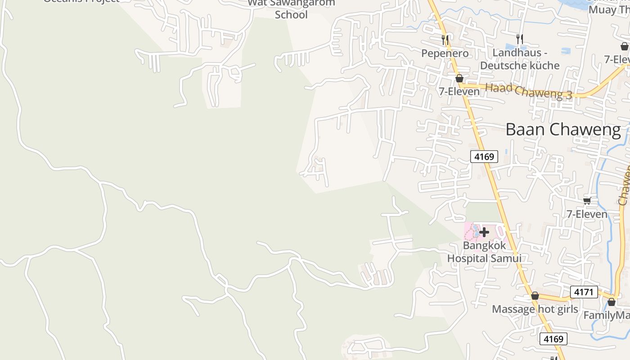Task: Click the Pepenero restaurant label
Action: (x=445, y=54)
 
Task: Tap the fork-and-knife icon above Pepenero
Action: (x=445, y=40)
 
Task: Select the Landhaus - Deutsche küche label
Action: (x=520, y=59)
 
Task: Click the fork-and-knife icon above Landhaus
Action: (x=520, y=39)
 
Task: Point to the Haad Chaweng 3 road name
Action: (x=529, y=91)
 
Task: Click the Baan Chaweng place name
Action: (x=563, y=130)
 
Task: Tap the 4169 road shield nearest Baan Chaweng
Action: (x=484, y=157)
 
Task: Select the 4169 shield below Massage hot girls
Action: (x=553, y=339)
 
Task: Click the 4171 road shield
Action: (x=584, y=292)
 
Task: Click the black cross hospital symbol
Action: (x=484, y=232)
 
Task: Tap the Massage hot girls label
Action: (x=535, y=309)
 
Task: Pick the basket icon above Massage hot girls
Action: (x=535, y=296)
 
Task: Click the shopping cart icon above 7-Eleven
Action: (x=587, y=201)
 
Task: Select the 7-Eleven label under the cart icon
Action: (x=587, y=214)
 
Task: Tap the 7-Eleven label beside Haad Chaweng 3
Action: (x=459, y=91)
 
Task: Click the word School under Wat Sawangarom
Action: (x=291, y=15)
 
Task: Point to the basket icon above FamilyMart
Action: (x=611, y=302)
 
